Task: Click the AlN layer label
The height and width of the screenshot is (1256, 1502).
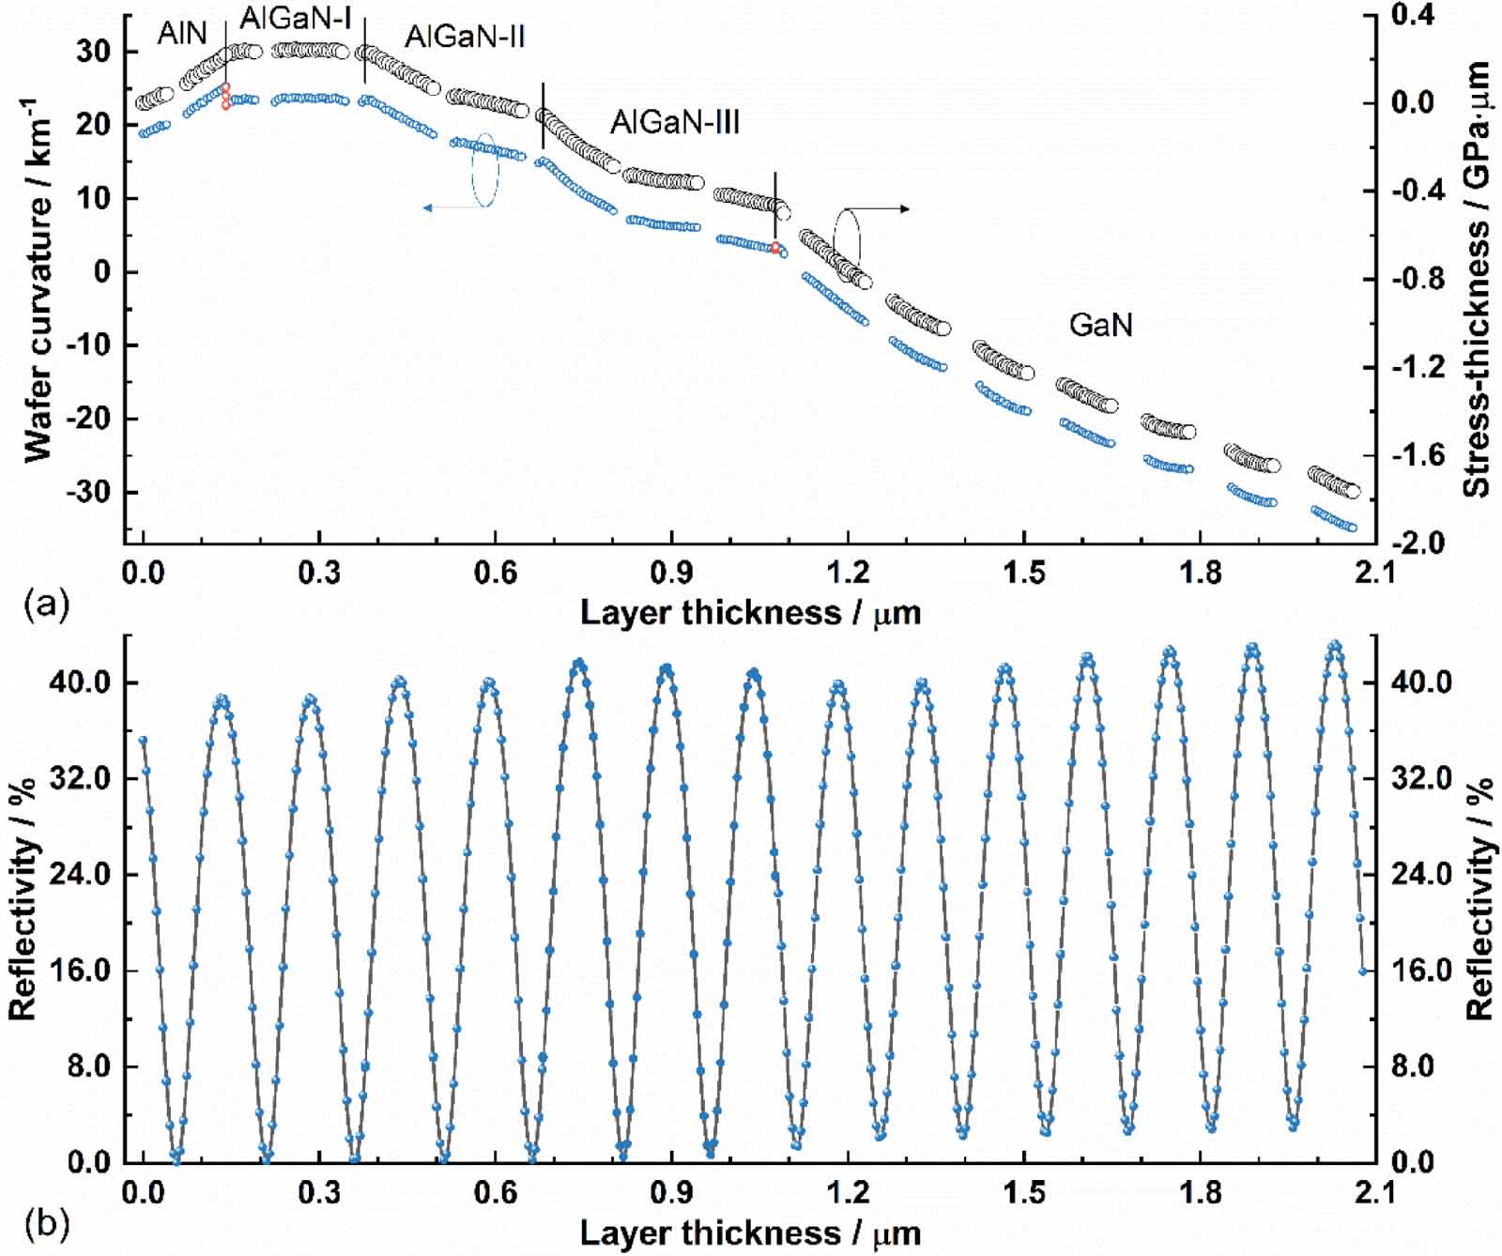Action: (182, 34)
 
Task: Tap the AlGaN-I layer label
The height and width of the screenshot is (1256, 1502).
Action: (296, 18)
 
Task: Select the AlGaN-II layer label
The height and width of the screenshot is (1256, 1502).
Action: (465, 37)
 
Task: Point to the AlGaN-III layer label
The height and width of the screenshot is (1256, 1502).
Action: (675, 122)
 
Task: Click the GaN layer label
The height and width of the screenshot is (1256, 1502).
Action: (1100, 325)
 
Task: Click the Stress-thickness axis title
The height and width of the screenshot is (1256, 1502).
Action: (1477, 280)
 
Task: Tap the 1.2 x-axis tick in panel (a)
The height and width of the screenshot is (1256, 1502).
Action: (848, 572)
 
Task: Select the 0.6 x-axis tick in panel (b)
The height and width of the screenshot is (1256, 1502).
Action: (495, 1192)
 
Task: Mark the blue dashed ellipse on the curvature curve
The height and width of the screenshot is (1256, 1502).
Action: (484, 169)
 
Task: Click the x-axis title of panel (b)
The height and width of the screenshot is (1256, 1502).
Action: (750, 1232)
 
